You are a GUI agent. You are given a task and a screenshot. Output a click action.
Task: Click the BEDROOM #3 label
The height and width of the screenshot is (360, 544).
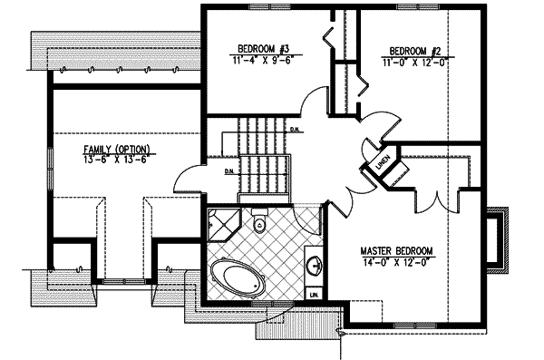click(x=263, y=48)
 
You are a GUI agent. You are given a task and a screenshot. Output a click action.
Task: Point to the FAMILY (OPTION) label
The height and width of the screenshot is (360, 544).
click(x=117, y=149)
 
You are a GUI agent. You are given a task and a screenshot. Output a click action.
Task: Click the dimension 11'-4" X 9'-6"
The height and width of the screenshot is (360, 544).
click(x=263, y=62)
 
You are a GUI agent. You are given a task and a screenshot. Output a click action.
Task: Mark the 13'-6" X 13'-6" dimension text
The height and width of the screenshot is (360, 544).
click(x=117, y=161)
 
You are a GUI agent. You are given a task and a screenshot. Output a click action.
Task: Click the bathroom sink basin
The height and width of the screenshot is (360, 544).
click(x=314, y=267)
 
